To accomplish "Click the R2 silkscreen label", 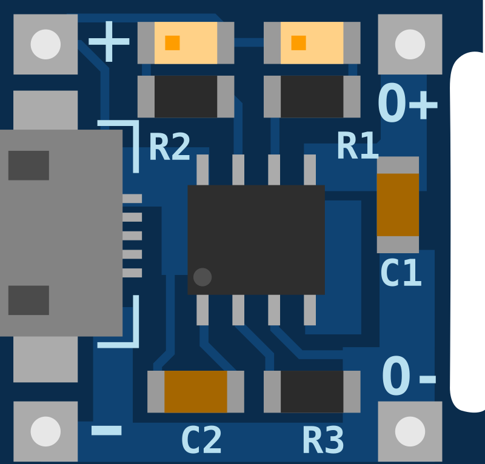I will [x=170, y=147].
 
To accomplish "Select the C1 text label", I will [x=400, y=273].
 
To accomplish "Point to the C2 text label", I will [x=202, y=440].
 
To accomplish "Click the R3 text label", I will [x=323, y=440].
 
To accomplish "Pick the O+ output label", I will [x=408, y=105].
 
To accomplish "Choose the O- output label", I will [x=409, y=378].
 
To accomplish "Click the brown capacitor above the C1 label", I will [x=398, y=204].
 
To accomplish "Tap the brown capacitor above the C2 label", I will [x=195, y=391].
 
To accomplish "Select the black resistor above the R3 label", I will [x=312, y=391].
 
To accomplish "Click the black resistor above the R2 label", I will [x=186, y=96].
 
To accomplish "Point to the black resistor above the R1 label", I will [x=312, y=96].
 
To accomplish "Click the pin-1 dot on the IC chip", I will [x=202, y=277].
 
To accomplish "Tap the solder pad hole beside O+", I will [x=410, y=44].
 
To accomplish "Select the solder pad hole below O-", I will [x=410, y=431].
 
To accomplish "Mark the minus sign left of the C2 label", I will [x=107, y=431].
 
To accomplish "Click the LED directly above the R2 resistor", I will [x=186, y=43].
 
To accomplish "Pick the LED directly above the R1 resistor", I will [x=312, y=43].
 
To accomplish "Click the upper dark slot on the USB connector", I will [x=28, y=165].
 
